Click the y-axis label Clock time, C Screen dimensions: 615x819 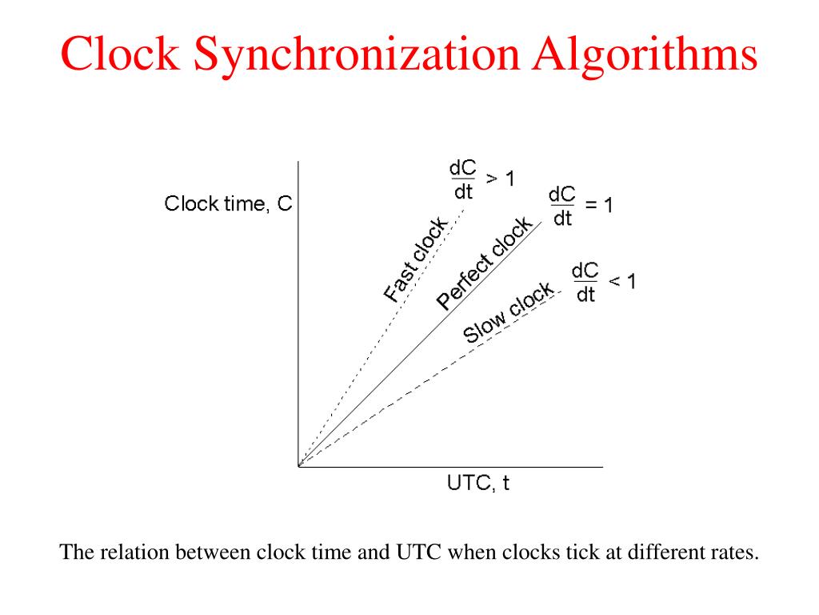coord(228,204)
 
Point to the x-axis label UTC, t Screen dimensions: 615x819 coord(477,484)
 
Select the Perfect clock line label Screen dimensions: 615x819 coord(484,263)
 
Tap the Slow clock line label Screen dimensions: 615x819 coord(509,312)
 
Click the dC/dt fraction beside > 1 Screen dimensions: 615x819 coord(463,180)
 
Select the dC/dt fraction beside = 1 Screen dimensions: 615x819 coord(562,206)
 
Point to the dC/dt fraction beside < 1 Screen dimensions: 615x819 coord(585,283)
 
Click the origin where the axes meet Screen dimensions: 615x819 coord(298,466)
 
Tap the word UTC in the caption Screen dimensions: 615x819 coord(411,553)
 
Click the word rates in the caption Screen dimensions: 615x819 coord(733,553)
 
